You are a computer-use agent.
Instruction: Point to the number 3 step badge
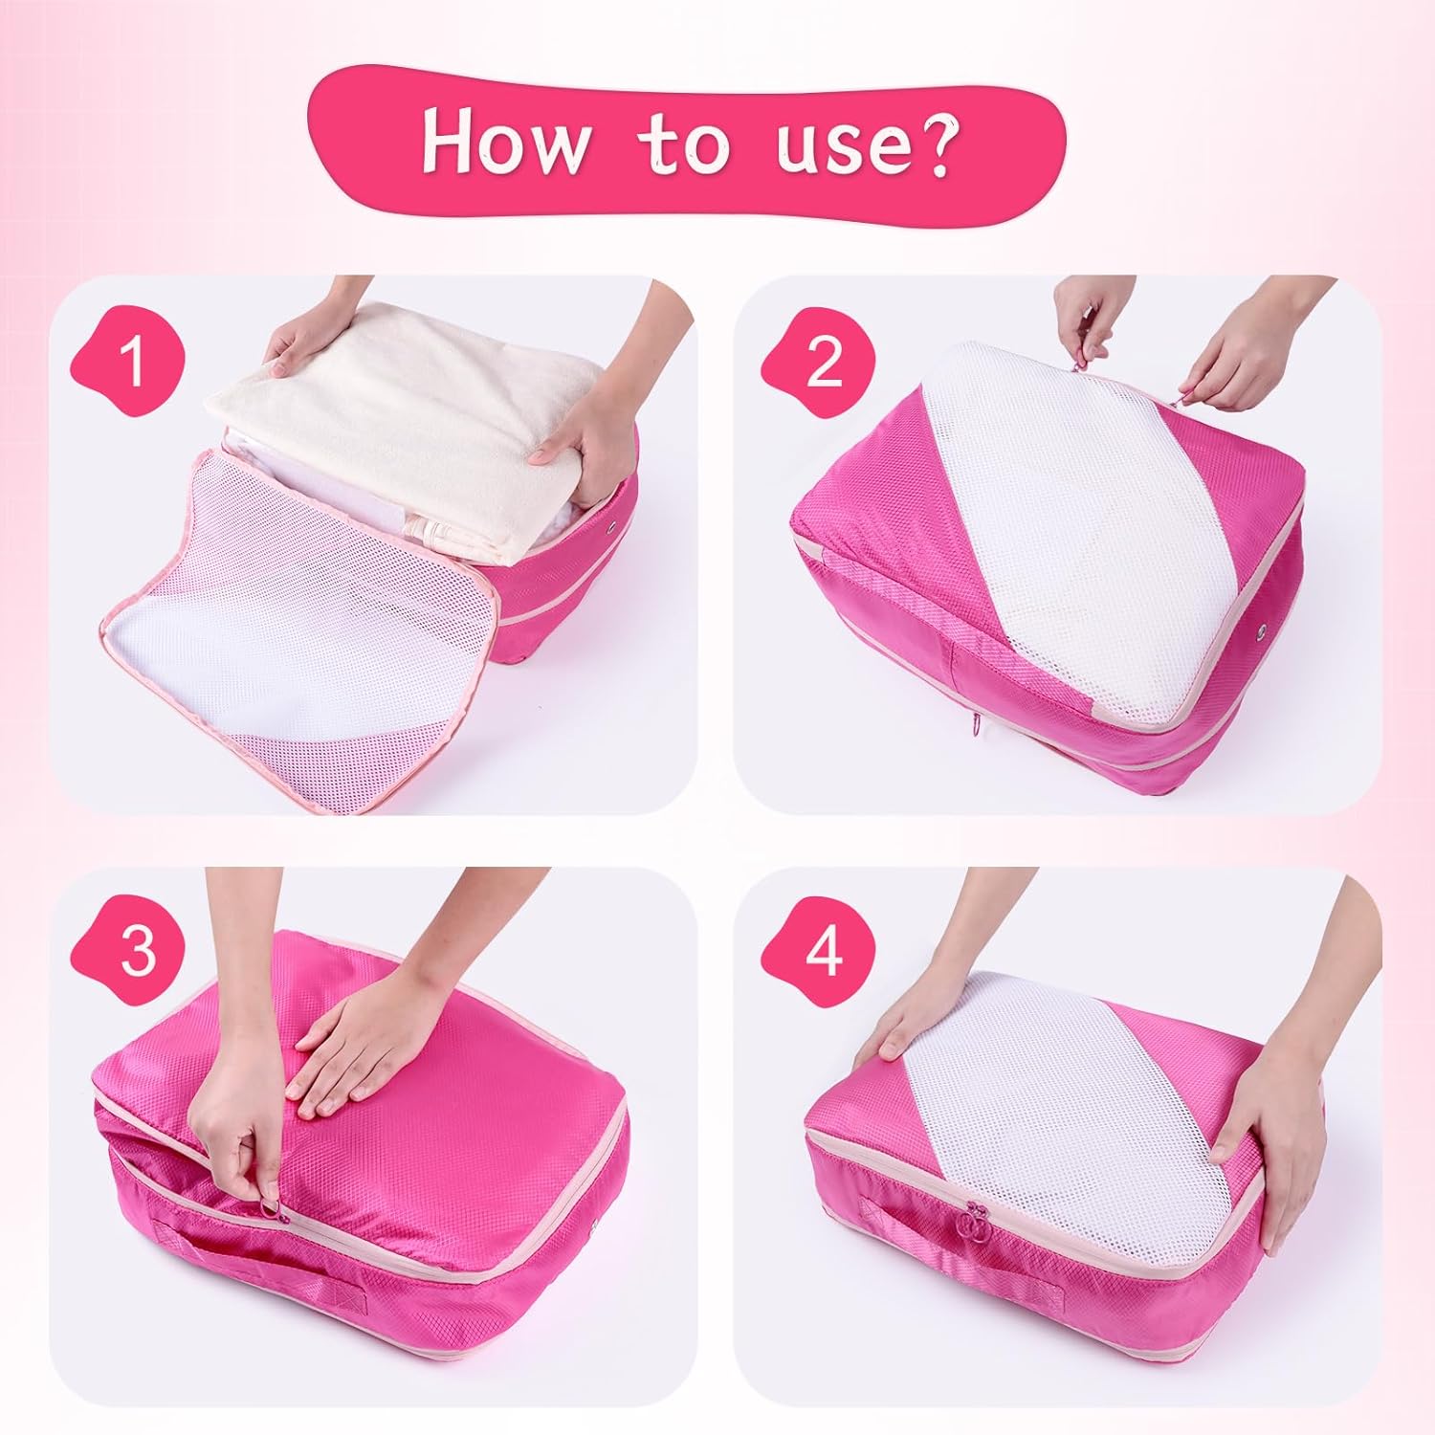coord(135,952)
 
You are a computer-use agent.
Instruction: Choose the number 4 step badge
coord(822,952)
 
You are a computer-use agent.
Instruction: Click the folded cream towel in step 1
coord(402,450)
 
